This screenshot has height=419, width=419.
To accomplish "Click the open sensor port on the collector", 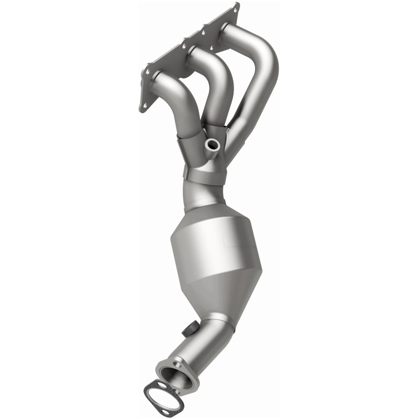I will tap(213, 144).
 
